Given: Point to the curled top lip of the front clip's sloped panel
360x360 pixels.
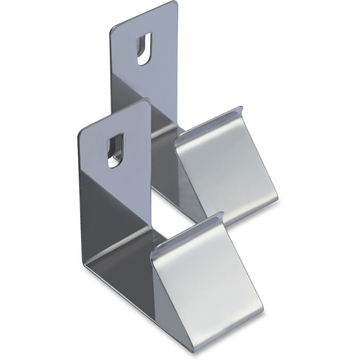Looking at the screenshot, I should click(x=187, y=234).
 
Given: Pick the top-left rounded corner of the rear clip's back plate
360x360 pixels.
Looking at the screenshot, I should click(x=113, y=29).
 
